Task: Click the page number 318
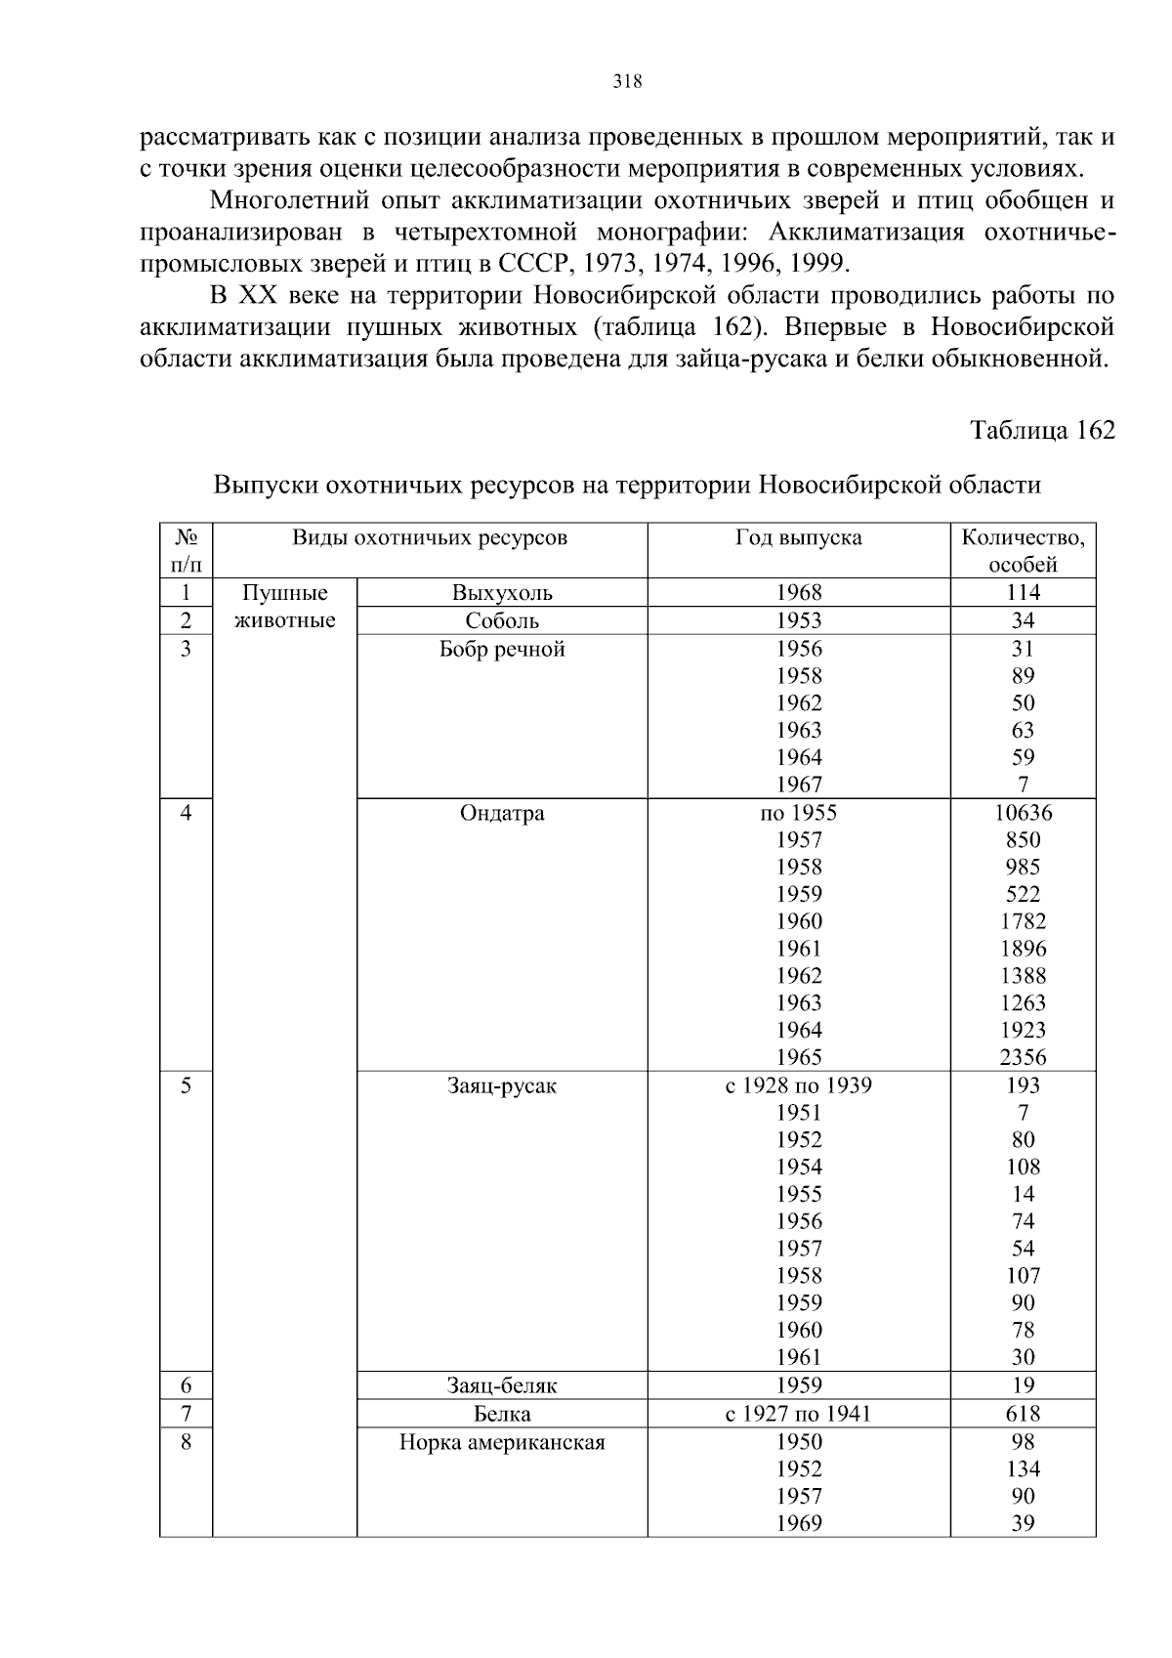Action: pyautogui.click(x=627, y=82)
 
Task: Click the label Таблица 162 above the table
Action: pyautogui.click(x=1042, y=430)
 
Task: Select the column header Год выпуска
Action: pyautogui.click(x=798, y=537)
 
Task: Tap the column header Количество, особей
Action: pyautogui.click(x=1023, y=550)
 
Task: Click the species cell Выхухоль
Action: pyautogui.click(x=502, y=592)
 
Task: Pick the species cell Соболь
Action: pyautogui.click(x=502, y=620)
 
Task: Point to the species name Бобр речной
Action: pyautogui.click(x=502, y=649)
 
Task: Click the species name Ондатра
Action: pyautogui.click(x=502, y=813)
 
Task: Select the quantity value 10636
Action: pyautogui.click(x=1023, y=813)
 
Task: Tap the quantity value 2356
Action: pyautogui.click(x=1023, y=1057)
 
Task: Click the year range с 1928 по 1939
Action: pyautogui.click(x=798, y=1085)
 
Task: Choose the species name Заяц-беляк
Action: pyautogui.click(x=502, y=1385)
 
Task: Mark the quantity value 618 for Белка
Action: pyautogui.click(x=1023, y=1414)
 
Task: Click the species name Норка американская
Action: pyautogui.click(x=502, y=1442)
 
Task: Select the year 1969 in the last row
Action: pyautogui.click(x=798, y=1523)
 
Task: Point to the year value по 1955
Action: pyautogui.click(x=798, y=813)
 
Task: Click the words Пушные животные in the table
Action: pyautogui.click(x=285, y=606)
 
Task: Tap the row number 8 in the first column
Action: pyautogui.click(x=186, y=1442)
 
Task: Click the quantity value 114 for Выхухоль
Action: pyautogui.click(x=1023, y=592)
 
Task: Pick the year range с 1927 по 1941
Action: pyautogui.click(x=798, y=1414)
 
